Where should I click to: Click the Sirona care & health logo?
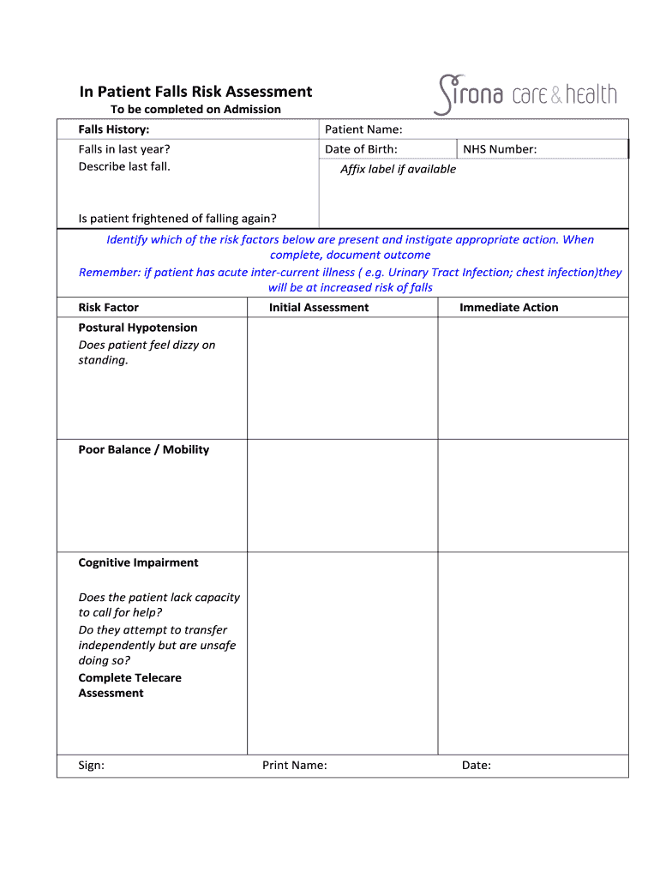(x=525, y=94)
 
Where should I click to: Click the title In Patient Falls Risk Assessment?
(x=195, y=92)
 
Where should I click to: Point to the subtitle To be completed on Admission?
(x=195, y=110)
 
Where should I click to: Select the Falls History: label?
(x=114, y=129)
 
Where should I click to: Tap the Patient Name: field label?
(x=363, y=129)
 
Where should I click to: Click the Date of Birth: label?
(x=361, y=149)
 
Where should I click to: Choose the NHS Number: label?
(x=500, y=149)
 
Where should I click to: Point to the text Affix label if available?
(x=398, y=169)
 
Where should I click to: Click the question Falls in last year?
(x=124, y=149)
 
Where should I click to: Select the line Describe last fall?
(x=124, y=166)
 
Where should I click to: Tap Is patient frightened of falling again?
(x=177, y=219)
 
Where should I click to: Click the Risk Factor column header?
(x=108, y=308)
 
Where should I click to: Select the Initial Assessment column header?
(x=319, y=308)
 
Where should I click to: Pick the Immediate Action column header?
(x=508, y=308)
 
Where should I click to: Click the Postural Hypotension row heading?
(x=138, y=328)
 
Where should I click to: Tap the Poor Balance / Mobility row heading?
(x=144, y=450)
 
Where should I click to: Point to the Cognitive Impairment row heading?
(x=138, y=563)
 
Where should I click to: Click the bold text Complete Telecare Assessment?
(x=129, y=686)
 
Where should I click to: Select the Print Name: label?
(x=294, y=766)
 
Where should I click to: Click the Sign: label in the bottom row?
(x=91, y=766)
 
